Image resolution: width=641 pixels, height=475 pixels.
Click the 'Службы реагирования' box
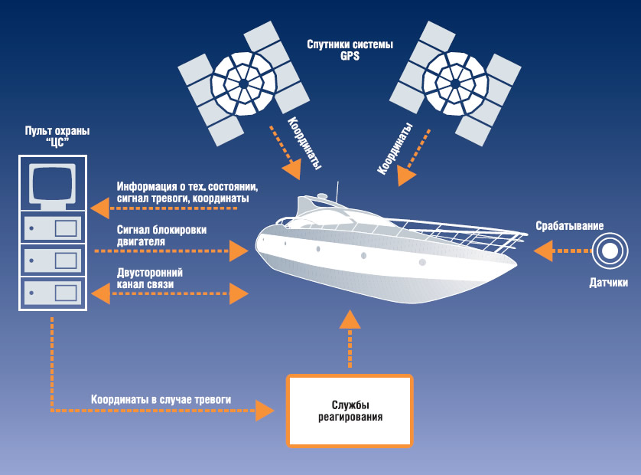[x=350, y=411]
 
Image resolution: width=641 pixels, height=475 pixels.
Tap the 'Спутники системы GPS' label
[x=350, y=51]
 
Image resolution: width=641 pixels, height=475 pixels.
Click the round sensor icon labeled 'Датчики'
[x=610, y=251]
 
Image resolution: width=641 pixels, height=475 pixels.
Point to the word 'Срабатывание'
[x=570, y=227]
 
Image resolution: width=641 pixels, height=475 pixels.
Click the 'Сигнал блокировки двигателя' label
[x=161, y=235]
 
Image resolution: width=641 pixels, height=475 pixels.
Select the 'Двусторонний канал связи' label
[x=150, y=278]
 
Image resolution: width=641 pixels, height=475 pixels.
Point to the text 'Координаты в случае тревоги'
[x=161, y=399]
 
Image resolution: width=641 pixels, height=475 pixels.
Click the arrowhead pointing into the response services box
[x=265, y=410]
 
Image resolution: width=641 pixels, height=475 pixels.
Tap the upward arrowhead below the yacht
[x=350, y=319]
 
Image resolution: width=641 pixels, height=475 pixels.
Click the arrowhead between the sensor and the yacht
[x=543, y=251]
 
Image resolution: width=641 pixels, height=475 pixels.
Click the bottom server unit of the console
[x=53, y=292]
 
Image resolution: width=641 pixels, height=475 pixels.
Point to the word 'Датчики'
[x=609, y=283]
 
